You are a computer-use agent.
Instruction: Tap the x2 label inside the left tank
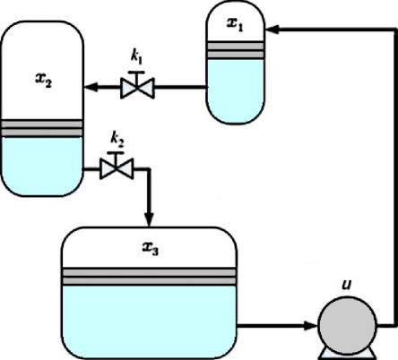pos(43,80)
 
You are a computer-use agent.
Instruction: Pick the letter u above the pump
pos(346,284)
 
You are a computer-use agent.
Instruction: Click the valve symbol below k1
pos(138,87)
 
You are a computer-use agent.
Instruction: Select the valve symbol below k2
pos(115,167)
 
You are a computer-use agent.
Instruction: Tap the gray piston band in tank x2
pos(42,131)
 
